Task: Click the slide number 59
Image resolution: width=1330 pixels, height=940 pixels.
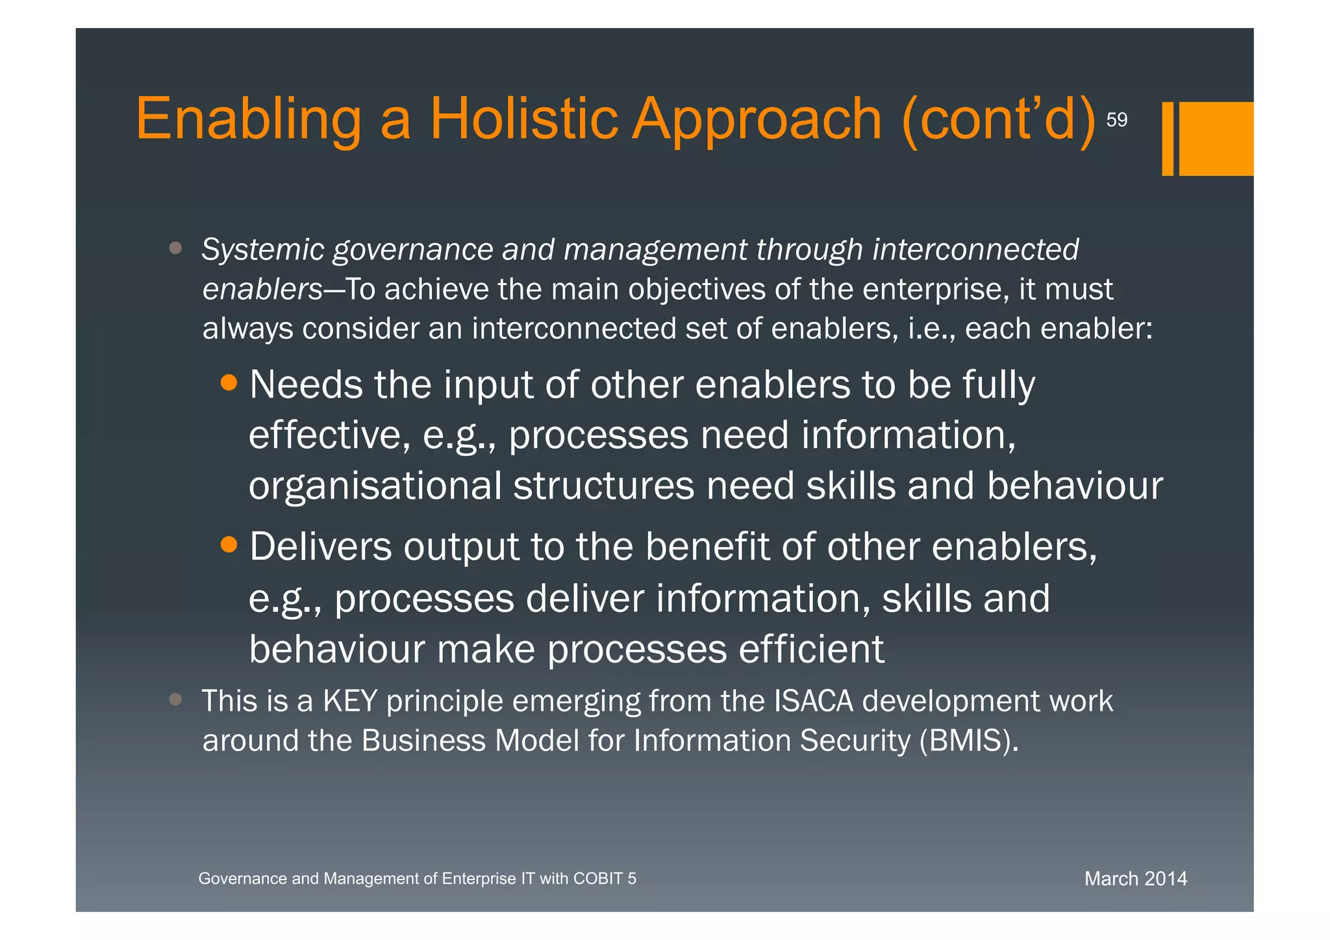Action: point(1116,120)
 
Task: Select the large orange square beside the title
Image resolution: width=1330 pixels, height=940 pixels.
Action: point(1216,138)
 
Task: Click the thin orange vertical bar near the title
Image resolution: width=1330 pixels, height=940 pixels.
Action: point(1168,138)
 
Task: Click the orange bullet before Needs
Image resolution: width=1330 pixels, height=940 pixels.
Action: point(229,383)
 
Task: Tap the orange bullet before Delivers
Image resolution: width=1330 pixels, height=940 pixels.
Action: point(229,544)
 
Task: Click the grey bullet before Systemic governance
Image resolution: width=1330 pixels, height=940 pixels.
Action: point(175,248)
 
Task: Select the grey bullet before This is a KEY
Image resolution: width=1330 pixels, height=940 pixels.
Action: point(175,699)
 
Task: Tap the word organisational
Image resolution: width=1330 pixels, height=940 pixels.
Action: point(375,486)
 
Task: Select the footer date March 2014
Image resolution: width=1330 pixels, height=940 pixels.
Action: point(1135,879)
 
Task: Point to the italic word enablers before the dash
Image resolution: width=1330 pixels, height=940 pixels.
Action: point(262,290)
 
